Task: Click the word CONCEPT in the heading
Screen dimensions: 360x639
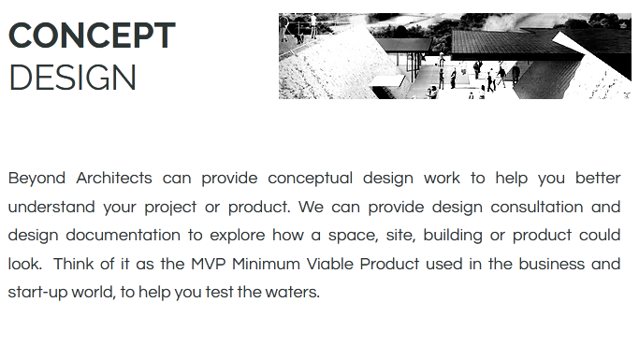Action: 92,36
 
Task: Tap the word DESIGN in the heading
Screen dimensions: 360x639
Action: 73,79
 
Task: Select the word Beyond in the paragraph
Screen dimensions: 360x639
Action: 36,178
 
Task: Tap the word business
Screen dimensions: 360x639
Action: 548,264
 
